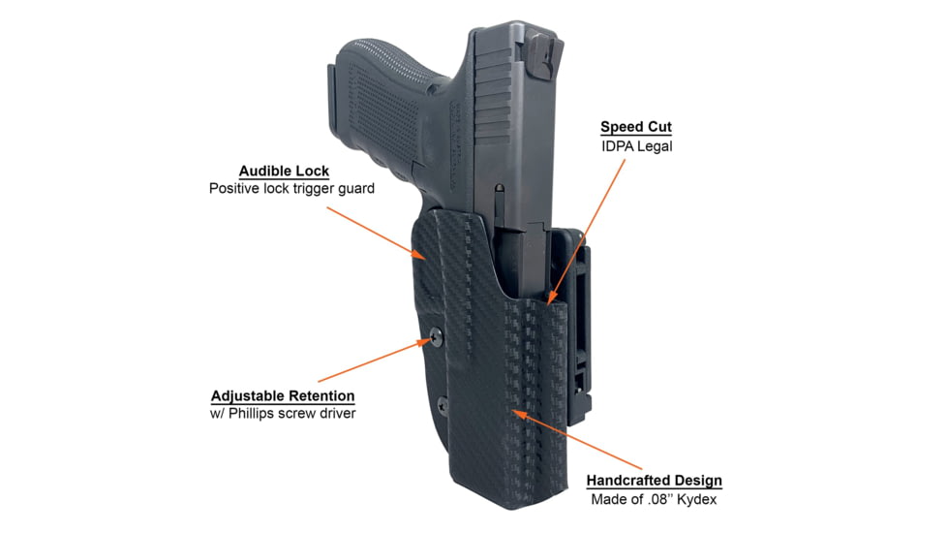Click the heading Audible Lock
point(284,171)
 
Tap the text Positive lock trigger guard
point(291,188)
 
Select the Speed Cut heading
point(635,127)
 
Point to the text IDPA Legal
point(636,146)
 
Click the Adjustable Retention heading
point(283,396)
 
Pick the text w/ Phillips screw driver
point(283,415)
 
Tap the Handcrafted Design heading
point(654,481)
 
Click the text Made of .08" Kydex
point(654,500)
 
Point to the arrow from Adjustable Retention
point(373,360)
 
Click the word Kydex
point(697,500)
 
